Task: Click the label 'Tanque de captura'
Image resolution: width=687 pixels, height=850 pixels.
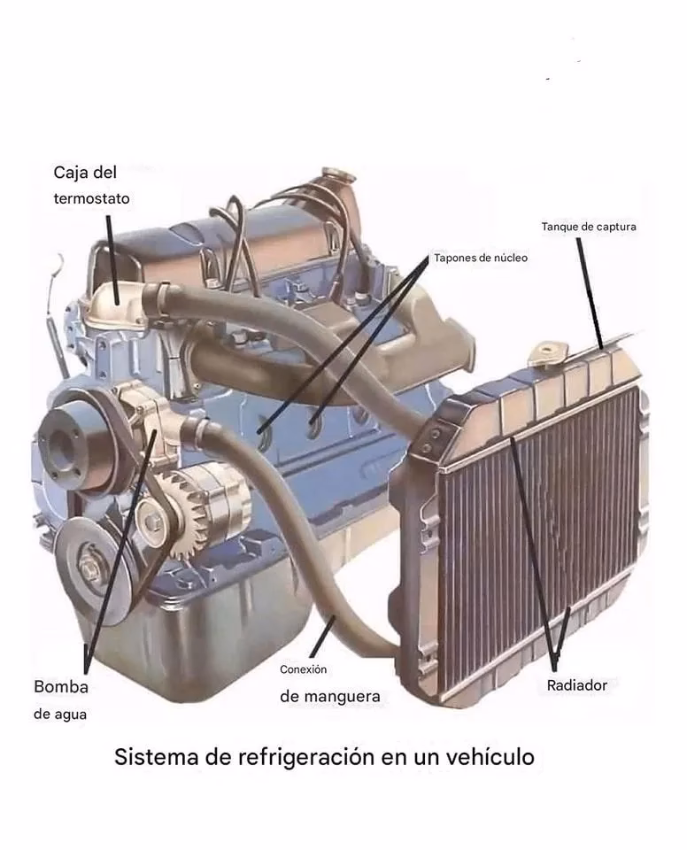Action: (x=589, y=227)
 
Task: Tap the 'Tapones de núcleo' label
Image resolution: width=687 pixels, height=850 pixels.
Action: (x=481, y=258)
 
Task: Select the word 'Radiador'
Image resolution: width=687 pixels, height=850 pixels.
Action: (x=577, y=685)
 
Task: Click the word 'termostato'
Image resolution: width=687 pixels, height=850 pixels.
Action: (x=92, y=198)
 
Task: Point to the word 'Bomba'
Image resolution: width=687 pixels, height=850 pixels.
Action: (x=61, y=686)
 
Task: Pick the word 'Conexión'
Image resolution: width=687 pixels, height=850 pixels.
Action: (x=303, y=669)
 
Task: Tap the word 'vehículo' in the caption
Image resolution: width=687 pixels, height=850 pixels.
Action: (x=490, y=757)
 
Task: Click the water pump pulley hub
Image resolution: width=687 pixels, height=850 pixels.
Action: (x=58, y=440)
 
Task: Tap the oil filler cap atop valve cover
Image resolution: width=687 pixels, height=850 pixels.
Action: (x=339, y=177)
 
